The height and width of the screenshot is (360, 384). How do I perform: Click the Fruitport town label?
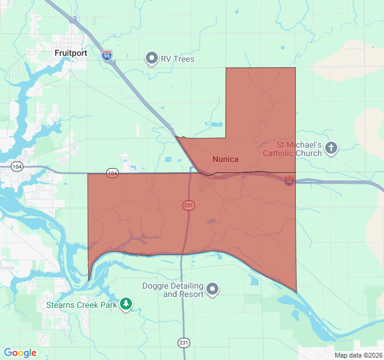tap(71, 53)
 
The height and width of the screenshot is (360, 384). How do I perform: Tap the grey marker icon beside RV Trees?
tap(152, 59)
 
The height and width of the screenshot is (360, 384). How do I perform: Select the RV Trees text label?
tap(177, 59)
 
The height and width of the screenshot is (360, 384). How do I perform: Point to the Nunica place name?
tap(226, 159)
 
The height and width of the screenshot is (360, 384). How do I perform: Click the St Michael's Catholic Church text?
tap(299, 149)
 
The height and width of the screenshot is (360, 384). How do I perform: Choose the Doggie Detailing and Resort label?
tap(172, 290)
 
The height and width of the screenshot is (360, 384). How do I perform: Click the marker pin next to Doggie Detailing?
tap(212, 290)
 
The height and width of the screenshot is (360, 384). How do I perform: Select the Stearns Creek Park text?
tap(82, 305)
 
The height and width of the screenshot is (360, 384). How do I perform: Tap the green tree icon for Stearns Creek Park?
tap(125, 304)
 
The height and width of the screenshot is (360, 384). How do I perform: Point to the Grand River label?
tap(138, 254)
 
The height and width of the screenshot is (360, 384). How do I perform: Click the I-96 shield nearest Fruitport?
tap(107, 56)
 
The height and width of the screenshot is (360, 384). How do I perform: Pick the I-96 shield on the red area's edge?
tap(289, 181)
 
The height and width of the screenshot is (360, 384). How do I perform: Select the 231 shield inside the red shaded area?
tap(188, 205)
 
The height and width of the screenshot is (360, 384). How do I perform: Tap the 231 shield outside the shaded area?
tap(184, 342)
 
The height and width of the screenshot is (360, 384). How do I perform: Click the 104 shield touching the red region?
tap(112, 173)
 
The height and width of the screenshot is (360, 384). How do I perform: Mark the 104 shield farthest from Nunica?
tap(17, 166)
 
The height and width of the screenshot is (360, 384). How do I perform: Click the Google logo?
tap(20, 353)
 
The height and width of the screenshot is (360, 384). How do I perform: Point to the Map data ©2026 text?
tap(357, 355)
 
